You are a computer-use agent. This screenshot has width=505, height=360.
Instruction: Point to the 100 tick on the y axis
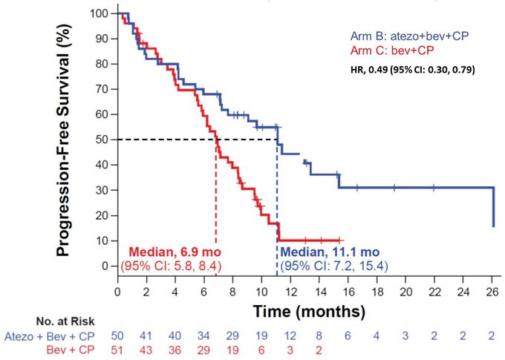tap(99, 13)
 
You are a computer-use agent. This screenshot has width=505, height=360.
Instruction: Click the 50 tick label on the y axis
tap(102, 140)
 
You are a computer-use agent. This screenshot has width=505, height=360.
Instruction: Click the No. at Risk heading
tap(71, 321)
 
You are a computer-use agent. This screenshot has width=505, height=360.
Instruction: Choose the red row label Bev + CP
tap(73, 349)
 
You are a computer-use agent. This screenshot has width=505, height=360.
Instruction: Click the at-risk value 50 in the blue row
tap(118, 336)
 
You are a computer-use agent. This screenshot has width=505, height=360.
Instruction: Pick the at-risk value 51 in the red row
tap(118, 349)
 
